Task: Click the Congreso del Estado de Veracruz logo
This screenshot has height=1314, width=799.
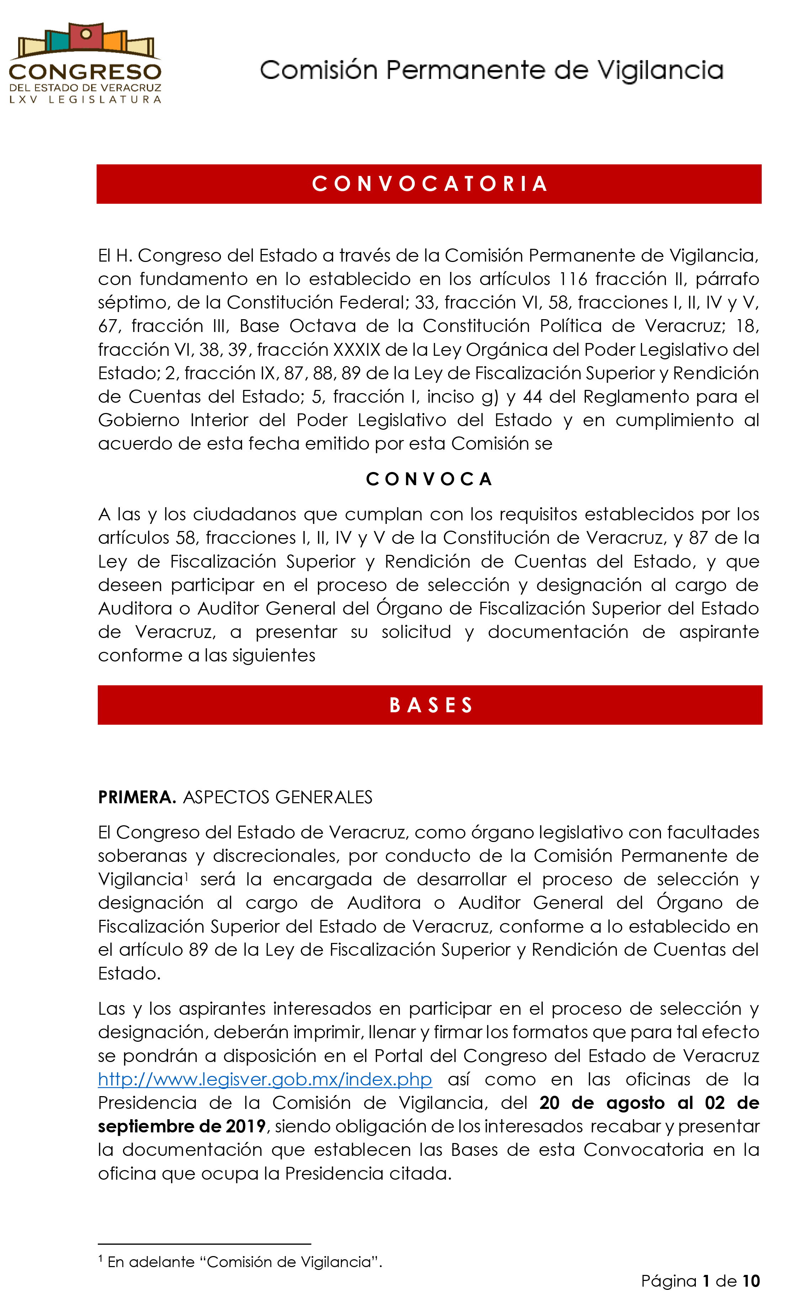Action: pos(85,63)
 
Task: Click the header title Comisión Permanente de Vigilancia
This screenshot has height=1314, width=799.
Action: pos(491,70)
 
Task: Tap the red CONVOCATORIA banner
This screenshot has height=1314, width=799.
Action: pos(429,184)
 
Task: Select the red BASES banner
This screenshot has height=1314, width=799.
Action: pos(430,705)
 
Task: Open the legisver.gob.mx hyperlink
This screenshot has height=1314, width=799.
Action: pos(265,1079)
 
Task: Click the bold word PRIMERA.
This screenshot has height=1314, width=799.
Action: pos(137,797)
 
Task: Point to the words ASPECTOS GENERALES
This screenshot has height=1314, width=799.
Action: pos(277,797)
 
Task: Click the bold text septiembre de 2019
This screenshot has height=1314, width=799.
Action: pos(181,1126)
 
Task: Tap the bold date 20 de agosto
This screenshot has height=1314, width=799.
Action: pos(602,1103)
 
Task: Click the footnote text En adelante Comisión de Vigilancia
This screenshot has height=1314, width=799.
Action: pos(244,1262)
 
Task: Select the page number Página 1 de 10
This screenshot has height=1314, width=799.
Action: pos(700,1281)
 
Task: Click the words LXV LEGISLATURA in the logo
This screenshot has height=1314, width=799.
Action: pos(85,100)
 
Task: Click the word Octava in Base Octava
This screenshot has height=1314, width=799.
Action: pos(322,326)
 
